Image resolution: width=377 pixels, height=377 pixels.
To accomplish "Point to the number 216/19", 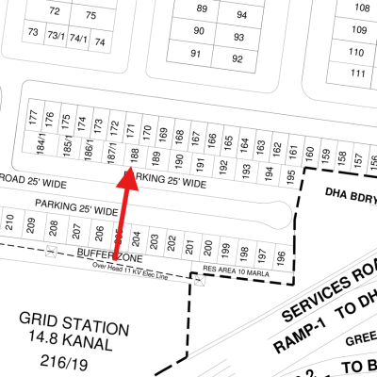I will coord(74,361).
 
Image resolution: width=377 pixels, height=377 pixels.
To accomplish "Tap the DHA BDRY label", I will coord(350,198).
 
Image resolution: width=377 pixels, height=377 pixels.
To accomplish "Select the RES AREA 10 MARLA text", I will coord(236,271).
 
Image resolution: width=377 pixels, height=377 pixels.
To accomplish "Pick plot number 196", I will coord(280,255).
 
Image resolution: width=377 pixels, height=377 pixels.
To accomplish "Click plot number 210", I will coord(9,223).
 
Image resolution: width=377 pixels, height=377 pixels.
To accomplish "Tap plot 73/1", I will coord(57,35).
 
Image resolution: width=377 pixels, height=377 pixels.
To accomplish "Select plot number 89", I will coord(202,8).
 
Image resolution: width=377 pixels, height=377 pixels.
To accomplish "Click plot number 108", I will coord(362,8).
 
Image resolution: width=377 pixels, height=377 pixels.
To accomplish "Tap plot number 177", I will coord(33,119).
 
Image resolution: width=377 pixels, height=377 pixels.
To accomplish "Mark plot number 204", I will coord(137,239).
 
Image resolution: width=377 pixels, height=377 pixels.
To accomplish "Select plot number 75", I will coord(90,15).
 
